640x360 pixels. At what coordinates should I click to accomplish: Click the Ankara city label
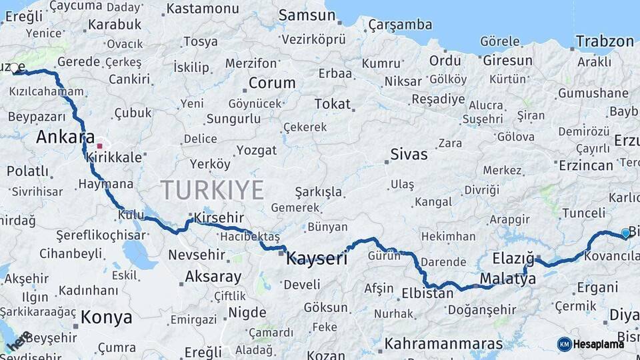65,137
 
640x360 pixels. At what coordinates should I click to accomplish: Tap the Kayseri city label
317,259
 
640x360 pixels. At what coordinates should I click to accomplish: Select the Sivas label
409,155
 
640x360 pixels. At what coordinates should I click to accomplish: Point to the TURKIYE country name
212,190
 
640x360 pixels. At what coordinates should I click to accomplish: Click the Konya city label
107,317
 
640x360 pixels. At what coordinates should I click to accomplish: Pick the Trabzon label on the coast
605,41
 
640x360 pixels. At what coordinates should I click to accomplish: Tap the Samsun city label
307,15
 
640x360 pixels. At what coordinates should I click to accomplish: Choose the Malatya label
507,279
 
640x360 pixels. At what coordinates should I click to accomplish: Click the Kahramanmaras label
443,344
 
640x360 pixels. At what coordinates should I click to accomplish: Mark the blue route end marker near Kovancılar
625,233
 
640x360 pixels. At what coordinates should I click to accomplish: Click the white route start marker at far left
14,68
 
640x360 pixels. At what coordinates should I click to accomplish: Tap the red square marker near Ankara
99,146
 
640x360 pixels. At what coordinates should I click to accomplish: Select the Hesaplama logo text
599,344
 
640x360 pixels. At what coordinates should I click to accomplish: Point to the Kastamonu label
202,9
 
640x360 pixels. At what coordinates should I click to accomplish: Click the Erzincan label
585,165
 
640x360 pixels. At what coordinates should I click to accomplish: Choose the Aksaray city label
213,276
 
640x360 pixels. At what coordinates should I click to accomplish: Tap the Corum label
272,83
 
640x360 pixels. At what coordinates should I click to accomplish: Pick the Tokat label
332,104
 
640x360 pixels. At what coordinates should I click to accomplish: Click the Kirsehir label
219,218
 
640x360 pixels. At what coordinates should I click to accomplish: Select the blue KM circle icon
564,344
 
